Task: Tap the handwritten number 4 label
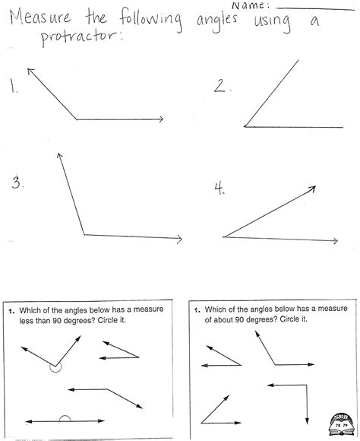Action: point(219,190)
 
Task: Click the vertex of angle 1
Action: point(77,119)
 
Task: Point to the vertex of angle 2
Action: point(245,126)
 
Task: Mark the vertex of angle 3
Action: point(84,235)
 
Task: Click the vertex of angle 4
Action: point(224,237)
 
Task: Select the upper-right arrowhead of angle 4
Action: point(313,186)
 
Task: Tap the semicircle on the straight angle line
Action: point(65,418)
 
